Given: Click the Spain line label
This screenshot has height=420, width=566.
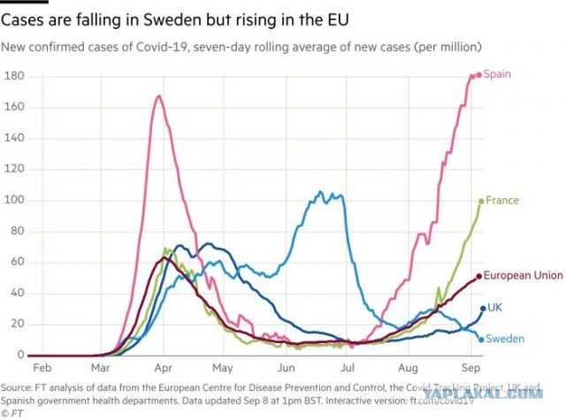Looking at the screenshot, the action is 497,74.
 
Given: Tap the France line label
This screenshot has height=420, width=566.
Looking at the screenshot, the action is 502,200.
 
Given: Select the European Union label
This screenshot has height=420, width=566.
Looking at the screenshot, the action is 523,276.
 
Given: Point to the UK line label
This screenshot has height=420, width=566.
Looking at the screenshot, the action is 494,308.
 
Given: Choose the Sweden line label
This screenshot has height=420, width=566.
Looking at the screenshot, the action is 505,339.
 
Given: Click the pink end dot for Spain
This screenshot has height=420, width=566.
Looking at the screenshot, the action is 479,75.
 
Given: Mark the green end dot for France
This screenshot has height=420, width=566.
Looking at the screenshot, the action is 481,202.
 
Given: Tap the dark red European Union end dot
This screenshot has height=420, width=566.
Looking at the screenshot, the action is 479,277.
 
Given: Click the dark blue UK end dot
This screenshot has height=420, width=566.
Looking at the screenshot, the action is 483,309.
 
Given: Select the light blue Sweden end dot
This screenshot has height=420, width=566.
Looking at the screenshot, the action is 481,340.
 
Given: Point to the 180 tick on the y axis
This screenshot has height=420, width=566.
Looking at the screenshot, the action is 14,76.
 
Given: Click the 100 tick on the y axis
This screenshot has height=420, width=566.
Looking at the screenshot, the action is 14,200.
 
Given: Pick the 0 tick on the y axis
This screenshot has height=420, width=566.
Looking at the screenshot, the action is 20,355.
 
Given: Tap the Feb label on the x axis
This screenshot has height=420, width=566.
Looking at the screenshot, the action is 42,368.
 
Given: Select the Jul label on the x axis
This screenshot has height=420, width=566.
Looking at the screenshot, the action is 348,368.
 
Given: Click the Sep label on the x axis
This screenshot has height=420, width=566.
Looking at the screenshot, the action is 470,368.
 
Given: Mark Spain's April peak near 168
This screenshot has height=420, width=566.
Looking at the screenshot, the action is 159,95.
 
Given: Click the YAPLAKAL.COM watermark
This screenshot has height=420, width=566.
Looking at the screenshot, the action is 483,393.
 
